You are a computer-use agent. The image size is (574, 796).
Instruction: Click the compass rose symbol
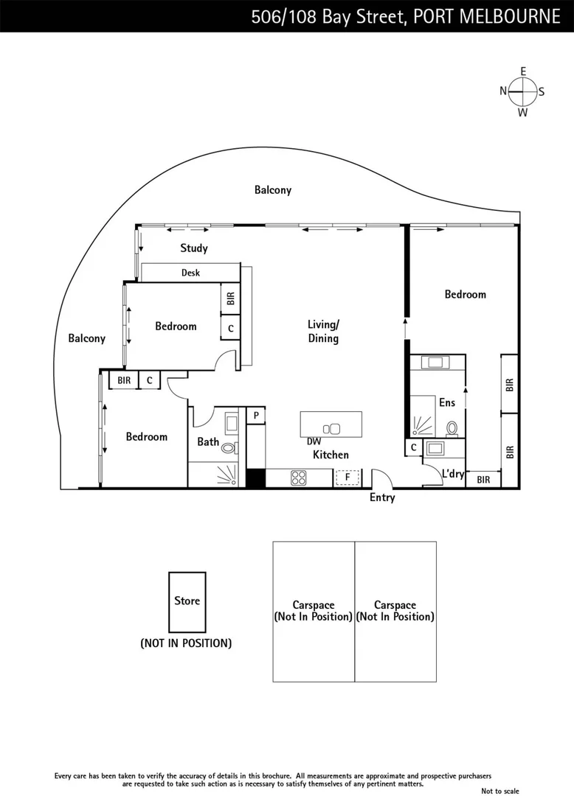(522, 91)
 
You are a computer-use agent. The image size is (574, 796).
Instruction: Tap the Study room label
(194, 248)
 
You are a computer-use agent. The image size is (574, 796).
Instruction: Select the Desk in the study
(190, 273)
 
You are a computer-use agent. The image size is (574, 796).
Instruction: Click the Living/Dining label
(323, 332)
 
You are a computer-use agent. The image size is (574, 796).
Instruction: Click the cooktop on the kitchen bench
(299, 478)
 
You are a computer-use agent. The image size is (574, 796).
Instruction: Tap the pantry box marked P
(255, 416)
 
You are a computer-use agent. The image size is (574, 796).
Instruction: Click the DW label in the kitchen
(314, 441)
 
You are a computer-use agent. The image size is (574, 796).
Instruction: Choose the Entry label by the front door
(382, 497)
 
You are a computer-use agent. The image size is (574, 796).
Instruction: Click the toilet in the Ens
(452, 427)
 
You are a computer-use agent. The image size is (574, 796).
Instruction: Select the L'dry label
(452, 474)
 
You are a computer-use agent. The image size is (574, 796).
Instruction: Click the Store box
(187, 601)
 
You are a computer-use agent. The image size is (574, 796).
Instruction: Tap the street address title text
(405, 16)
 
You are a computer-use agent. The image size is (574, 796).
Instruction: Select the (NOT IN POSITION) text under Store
(186, 643)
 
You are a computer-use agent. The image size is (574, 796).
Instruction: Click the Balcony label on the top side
(273, 190)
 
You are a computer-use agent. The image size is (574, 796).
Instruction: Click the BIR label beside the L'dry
(483, 480)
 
